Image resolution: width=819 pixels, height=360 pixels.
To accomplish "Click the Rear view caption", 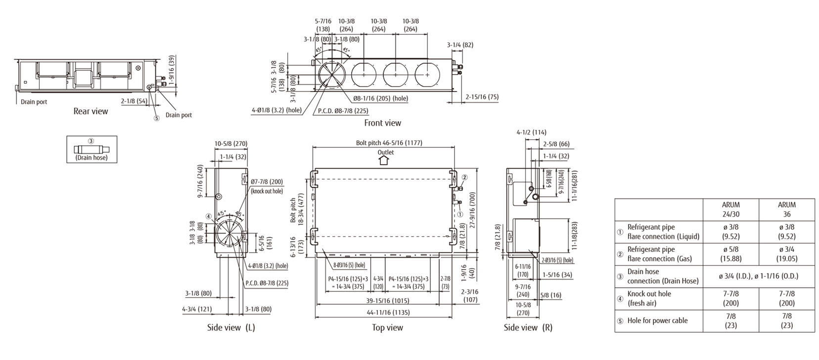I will (x=91, y=111).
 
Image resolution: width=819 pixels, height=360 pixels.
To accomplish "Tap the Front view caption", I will (x=382, y=123).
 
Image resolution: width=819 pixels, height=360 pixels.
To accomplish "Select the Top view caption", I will (x=387, y=327).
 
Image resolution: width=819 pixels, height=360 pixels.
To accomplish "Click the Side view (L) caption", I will (x=231, y=327).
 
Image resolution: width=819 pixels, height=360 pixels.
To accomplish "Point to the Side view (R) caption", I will (x=528, y=327).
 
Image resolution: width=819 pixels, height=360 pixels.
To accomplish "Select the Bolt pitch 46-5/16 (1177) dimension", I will (x=389, y=143).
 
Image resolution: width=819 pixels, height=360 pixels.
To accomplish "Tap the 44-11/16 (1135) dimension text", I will (x=388, y=313).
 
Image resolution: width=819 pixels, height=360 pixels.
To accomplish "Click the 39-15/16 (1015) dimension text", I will (x=388, y=301).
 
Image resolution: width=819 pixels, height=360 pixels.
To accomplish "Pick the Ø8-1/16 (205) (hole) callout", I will (x=380, y=98).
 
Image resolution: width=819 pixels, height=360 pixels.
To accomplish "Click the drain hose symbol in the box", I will (x=91, y=149).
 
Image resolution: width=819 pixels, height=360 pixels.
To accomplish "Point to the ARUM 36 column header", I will (x=786, y=209).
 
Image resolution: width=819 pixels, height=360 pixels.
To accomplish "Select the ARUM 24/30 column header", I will (x=730, y=209).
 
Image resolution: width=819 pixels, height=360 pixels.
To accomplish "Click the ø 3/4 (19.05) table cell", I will (x=786, y=254).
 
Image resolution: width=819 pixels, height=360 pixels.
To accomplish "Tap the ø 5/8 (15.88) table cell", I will (x=730, y=254).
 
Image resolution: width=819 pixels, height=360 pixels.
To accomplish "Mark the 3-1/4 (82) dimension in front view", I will (x=460, y=45).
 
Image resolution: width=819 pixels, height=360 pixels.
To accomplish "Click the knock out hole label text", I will (x=267, y=191).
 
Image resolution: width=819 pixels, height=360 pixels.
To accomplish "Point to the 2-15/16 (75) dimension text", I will (x=482, y=97).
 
